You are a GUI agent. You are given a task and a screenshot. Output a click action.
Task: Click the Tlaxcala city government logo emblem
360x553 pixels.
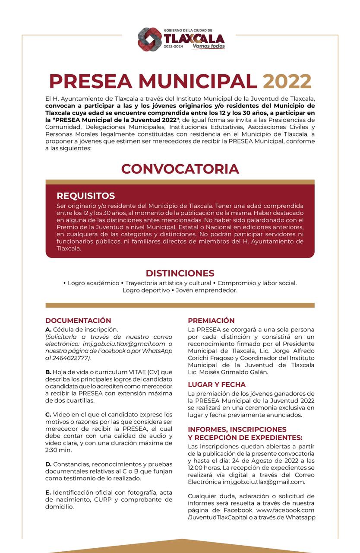point(150,39)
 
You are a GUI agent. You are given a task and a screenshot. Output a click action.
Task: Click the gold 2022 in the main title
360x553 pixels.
point(287,81)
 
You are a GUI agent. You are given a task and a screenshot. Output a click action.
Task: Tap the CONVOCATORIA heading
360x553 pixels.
point(180,168)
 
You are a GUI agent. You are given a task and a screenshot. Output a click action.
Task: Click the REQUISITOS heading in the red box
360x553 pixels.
point(85,196)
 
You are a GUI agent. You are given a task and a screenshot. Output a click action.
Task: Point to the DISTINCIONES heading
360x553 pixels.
point(180,273)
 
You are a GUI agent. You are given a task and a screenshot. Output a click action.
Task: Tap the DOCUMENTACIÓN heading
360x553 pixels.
point(78,321)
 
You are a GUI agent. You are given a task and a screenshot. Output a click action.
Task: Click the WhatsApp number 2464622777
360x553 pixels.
point(70,358)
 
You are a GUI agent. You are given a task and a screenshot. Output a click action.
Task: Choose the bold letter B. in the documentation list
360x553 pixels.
point(48,372)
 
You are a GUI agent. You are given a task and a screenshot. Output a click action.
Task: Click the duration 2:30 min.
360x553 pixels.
point(59,450)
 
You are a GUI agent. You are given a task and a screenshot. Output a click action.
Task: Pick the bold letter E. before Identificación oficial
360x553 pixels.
point(48,492)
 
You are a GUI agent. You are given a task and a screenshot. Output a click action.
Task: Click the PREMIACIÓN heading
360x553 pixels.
point(211,321)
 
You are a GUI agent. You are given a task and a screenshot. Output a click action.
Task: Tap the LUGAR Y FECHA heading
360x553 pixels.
point(217,385)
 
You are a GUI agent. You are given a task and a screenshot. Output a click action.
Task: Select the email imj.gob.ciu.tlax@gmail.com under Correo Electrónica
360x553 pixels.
point(263,482)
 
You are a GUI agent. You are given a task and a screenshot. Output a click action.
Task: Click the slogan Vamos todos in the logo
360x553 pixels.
point(208,46)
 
